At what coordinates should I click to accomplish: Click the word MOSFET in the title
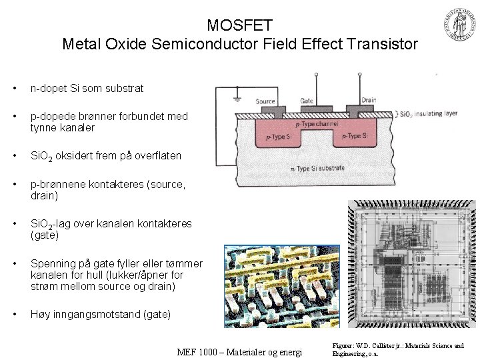coord(239,26)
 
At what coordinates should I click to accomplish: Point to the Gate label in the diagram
coord(306,101)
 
